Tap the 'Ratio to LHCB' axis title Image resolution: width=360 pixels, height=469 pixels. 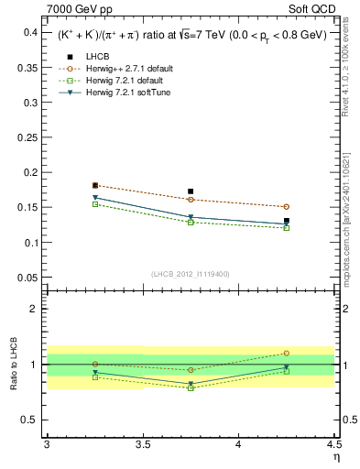(x=12, y=365)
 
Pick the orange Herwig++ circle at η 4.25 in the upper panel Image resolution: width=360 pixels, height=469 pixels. (x=287, y=207)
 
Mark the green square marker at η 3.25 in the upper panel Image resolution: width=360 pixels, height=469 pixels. (x=95, y=204)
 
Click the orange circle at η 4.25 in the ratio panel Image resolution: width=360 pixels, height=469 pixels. (x=287, y=353)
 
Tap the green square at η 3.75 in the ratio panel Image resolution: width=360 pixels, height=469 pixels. (x=191, y=387)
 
